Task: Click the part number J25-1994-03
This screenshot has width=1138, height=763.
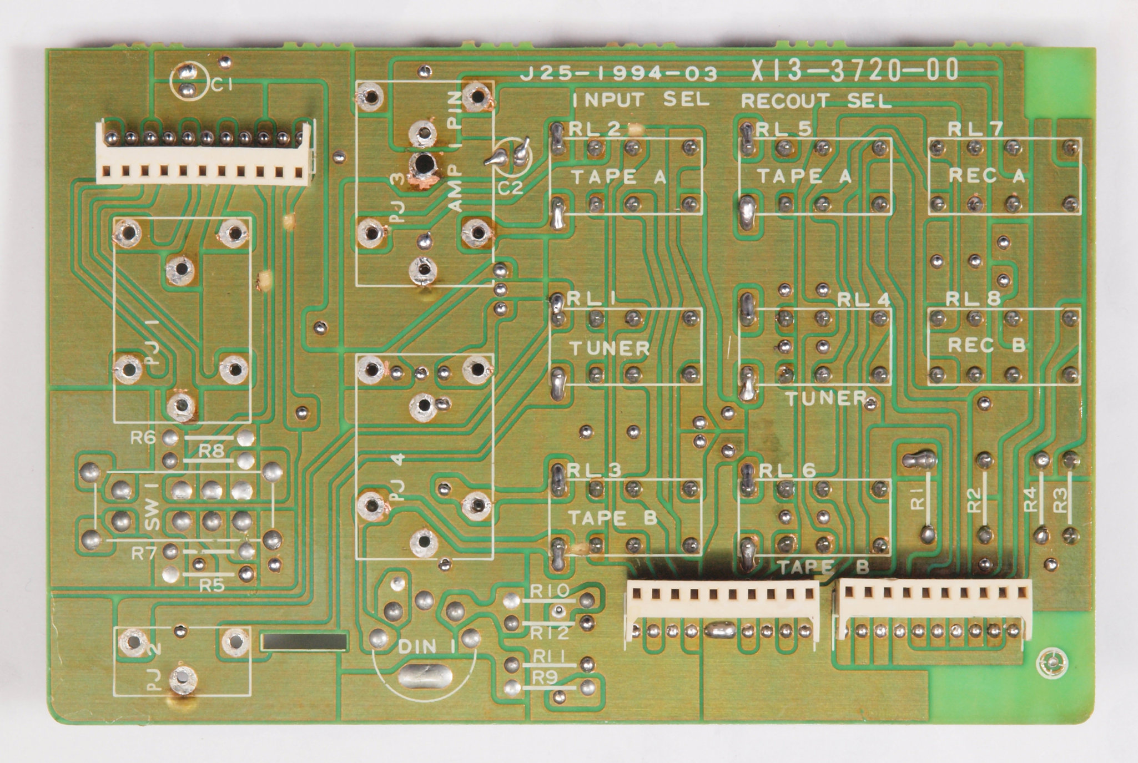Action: pos(618,74)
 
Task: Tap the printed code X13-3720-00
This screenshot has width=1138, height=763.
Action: pos(854,71)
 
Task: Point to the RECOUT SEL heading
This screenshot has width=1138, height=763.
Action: pos(816,101)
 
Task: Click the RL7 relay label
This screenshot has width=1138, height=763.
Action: pos(974,129)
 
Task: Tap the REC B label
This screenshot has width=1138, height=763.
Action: pos(986,345)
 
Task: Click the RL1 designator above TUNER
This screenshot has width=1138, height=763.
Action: pos(591,299)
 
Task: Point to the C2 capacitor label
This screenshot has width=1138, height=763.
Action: pos(510,189)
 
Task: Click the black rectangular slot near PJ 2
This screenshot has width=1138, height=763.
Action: pos(304,642)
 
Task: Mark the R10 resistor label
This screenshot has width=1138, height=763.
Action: pos(549,592)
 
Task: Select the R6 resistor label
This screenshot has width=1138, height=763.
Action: pos(143,438)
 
